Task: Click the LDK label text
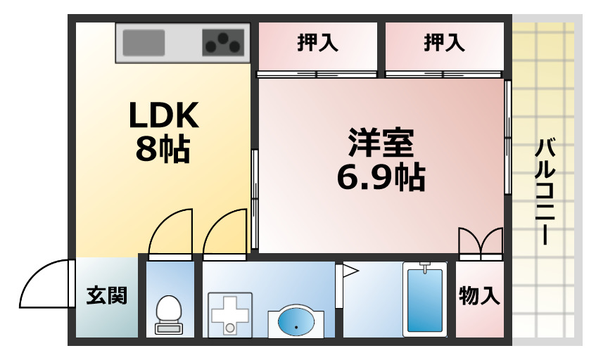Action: point(164,115)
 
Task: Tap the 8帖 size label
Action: point(163,148)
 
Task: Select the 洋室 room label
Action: point(381,143)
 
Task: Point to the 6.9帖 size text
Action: point(381,177)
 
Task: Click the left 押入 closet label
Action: point(318,42)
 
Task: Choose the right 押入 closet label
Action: point(444,42)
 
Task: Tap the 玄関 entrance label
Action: point(106,296)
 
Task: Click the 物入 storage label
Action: point(479,296)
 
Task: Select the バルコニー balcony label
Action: point(545,192)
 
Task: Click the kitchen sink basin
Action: point(144,42)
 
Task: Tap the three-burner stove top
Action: point(223,42)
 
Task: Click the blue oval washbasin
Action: point(296,322)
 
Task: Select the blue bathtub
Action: point(425,300)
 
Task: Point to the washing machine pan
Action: point(230,315)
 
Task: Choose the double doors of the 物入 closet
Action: point(481,240)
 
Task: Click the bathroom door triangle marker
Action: point(350,271)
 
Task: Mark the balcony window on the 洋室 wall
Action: point(507,137)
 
